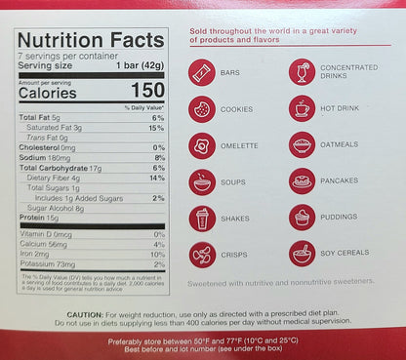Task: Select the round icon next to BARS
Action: click(x=203, y=72)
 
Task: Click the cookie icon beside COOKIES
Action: click(x=203, y=108)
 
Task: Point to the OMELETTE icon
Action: click(x=203, y=145)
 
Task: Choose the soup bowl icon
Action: click(x=203, y=181)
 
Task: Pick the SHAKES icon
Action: click(x=203, y=218)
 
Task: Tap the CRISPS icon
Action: click(x=203, y=254)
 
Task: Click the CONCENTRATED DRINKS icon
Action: click(x=302, y=72)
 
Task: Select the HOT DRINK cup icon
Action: click(x=302, y=108)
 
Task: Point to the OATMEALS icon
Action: click(x=302, y=145)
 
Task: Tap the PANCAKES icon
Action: click(x=302, y=181)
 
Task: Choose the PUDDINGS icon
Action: click(x=302, y=218)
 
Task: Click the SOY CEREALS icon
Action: click(x=302, y=254)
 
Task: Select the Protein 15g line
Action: click(x=40, y=218)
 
